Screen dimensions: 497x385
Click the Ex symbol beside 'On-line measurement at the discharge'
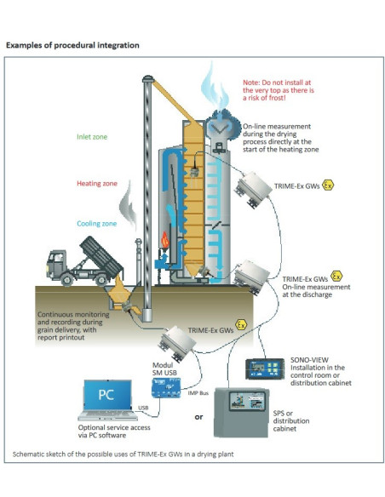coord(336,277)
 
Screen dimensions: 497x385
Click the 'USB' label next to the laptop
coord(141,408)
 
